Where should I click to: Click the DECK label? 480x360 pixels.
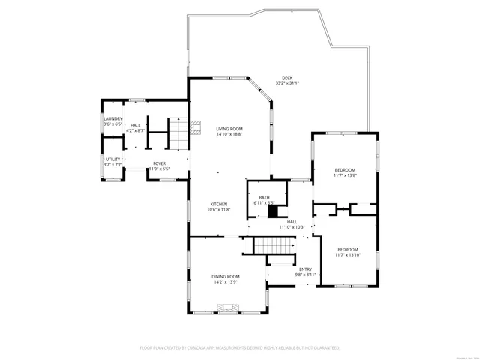tap(287, 77)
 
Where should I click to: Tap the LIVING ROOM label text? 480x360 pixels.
tap(229, 129)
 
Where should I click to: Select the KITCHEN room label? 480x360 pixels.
tap(218, 204)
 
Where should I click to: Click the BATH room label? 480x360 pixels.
tap(265, 197)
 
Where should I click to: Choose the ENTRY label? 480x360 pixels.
tap(305, 269)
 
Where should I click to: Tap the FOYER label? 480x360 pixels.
tap(159, 163)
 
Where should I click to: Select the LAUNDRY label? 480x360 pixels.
tap(112, 118)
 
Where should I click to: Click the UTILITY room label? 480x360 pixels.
tap(112, 159)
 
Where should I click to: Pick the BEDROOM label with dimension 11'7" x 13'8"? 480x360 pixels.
tap(345, 169)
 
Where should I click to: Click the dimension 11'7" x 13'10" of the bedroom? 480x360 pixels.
tap(347, 255)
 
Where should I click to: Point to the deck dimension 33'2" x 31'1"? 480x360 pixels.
tap(287, 83)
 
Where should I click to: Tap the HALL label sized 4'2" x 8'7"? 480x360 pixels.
tap(135, 125)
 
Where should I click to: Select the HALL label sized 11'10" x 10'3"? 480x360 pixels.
tap(292, 221)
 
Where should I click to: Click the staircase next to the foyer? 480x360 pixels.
tap(176, 136)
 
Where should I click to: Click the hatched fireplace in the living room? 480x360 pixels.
tap(196, 127)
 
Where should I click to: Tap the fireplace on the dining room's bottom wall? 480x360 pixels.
tap(228, 307)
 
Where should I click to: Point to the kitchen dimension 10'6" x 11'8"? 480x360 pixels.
tap(218, 210)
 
